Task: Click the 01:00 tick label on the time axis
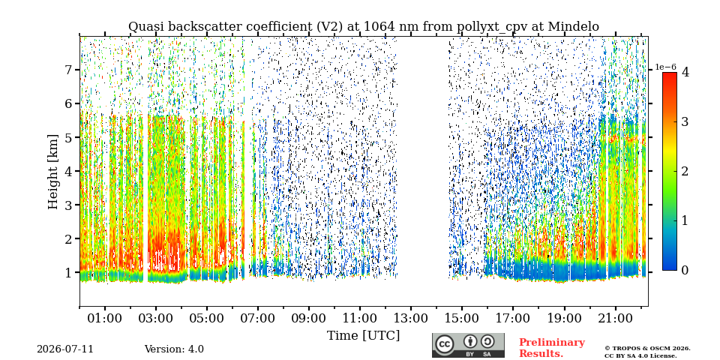point(105,318)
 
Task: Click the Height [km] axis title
point(54,172)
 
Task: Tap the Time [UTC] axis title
point(363,336)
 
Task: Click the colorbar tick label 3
point(685,121)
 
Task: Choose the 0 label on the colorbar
point(685,271)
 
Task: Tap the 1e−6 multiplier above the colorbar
point(665,67)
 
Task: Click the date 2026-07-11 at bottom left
point(65,349)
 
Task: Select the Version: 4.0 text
point(174,349)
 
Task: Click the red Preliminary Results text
point(552,348)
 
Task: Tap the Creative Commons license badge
point(468,345)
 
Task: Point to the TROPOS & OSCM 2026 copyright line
point(647,349)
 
